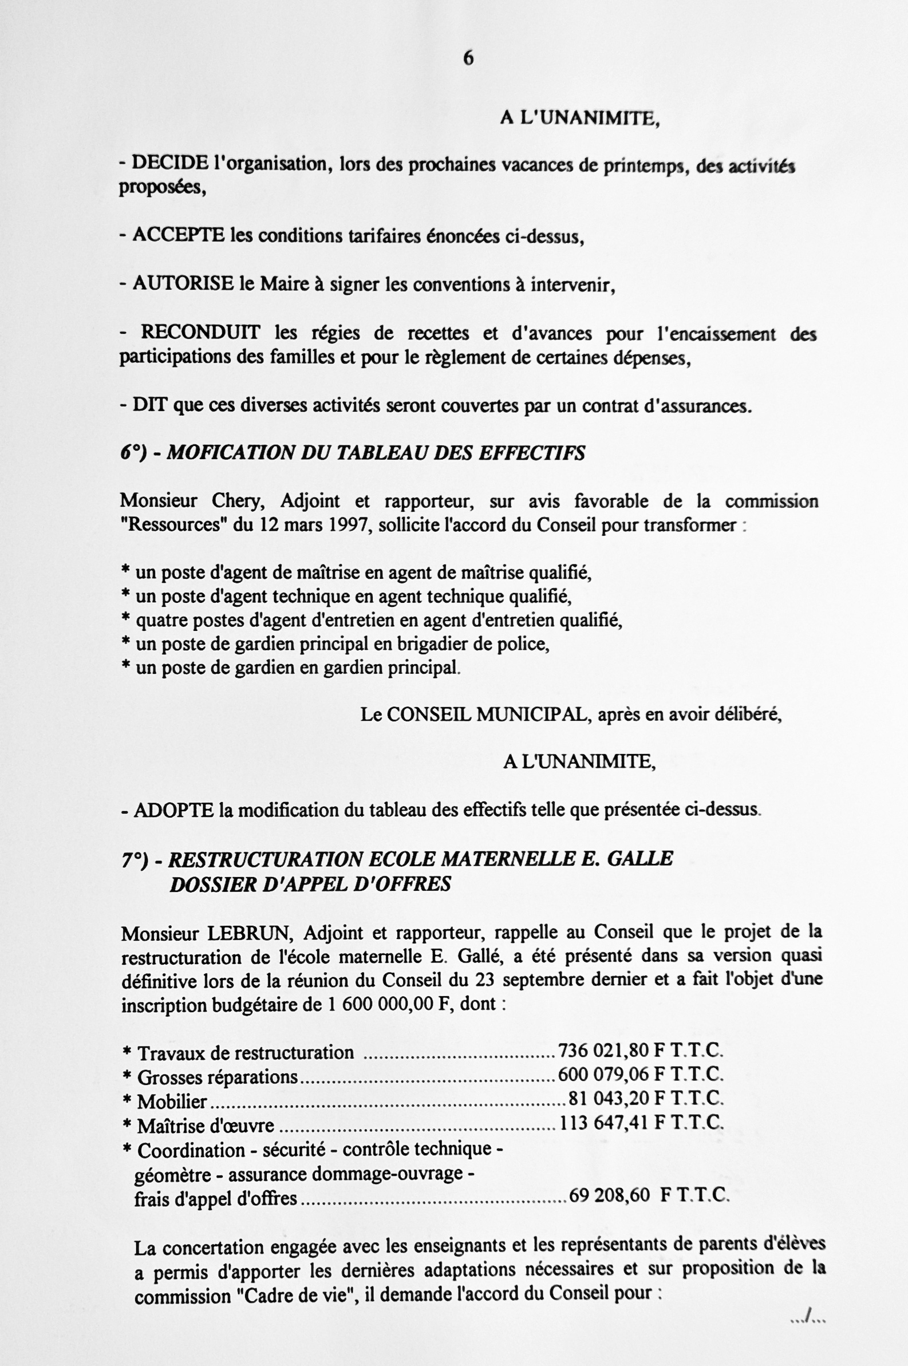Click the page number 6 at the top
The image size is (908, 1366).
click(468, 58)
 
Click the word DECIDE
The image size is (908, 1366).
click(169, 163)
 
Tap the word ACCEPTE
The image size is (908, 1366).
click(179, 235)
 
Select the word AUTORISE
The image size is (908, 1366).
click(184, 283)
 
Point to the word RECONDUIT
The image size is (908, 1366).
click(200, 333)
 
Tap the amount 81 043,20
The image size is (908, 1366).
click(608, 1099)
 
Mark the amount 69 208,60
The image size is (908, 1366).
click(609, 1195)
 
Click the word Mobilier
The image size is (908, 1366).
click(172, 1101)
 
